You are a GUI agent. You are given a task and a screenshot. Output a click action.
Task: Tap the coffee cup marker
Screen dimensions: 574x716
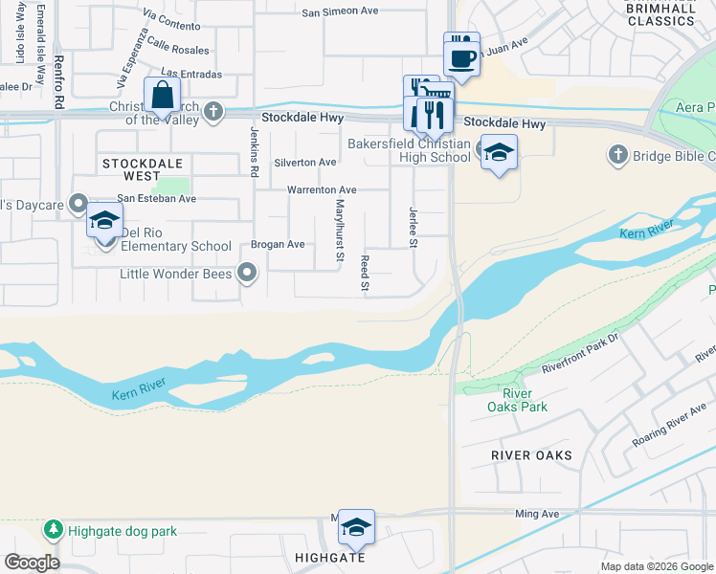[461, 55]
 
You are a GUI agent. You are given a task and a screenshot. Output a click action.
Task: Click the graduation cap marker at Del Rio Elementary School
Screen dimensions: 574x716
[104, 221]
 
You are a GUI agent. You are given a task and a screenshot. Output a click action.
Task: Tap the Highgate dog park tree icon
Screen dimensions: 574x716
[53, 528]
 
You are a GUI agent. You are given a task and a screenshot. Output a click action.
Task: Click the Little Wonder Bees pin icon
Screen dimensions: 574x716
[248, 274]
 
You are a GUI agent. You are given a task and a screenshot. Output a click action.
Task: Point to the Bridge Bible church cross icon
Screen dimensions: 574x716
[617, 155]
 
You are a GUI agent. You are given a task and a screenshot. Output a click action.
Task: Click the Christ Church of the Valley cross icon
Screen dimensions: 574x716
[213, 111]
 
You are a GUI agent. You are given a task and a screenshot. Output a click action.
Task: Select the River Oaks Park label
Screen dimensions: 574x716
[525, 400]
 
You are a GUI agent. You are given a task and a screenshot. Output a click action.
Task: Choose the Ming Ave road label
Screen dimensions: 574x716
[537, 514]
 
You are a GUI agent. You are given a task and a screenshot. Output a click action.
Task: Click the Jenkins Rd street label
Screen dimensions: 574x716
[255, 153]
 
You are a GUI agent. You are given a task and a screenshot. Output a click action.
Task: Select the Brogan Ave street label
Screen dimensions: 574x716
[278, 244]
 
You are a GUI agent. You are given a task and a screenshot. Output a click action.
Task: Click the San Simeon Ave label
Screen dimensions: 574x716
[341, 11]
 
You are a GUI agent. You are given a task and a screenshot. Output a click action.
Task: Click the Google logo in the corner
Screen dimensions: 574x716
[32, 563]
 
